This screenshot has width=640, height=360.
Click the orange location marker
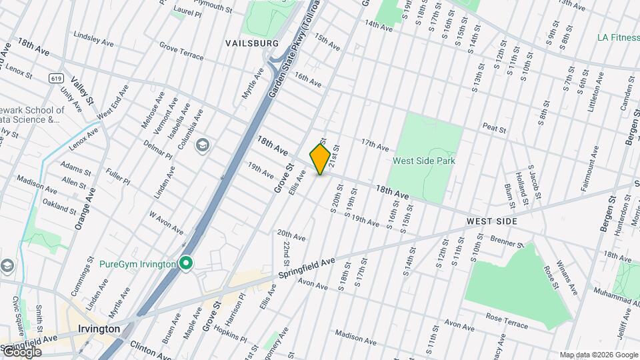320,159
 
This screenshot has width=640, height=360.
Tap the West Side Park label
423,161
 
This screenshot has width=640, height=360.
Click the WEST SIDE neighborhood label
492,221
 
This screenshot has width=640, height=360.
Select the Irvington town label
99,329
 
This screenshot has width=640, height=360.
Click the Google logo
21,351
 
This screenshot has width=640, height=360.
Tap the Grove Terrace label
181,51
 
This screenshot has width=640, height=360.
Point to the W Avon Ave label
165,223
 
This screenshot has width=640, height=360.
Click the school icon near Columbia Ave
203,144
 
